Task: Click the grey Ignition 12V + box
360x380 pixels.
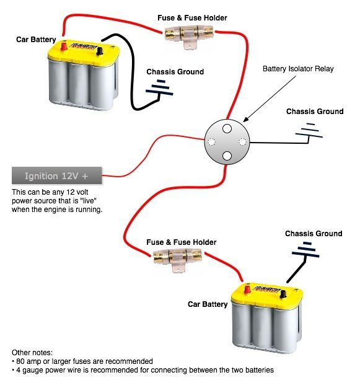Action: (x=57, y=175)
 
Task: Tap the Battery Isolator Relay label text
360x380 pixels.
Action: (x=298, y=69)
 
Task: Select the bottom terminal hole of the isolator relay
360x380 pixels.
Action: (x=227, y=156)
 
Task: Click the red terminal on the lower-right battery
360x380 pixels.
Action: (x=246, y=289)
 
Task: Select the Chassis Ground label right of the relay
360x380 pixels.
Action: (x=314, y=112)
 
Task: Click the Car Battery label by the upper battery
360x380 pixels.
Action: (x=35, y=40)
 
